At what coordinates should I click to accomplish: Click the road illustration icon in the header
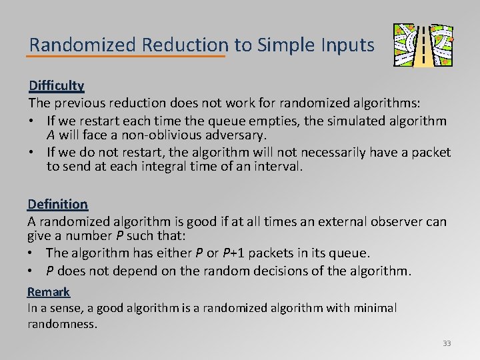pyautogui.click(x=423, y=45)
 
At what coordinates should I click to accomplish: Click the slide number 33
pyautogui.click(x=447, y=343)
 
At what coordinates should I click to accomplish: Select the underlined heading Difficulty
pyautogui.click(x=56, y=85)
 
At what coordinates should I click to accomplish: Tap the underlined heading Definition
pyautogui.click(x=57, y=204)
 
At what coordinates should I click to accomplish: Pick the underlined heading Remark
pyautogui.click(x=48, y=291)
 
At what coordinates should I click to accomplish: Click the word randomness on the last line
pyautogui.click(x=62, y=324)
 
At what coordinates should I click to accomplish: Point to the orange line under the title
pyautogui.click(x=127, y=57)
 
